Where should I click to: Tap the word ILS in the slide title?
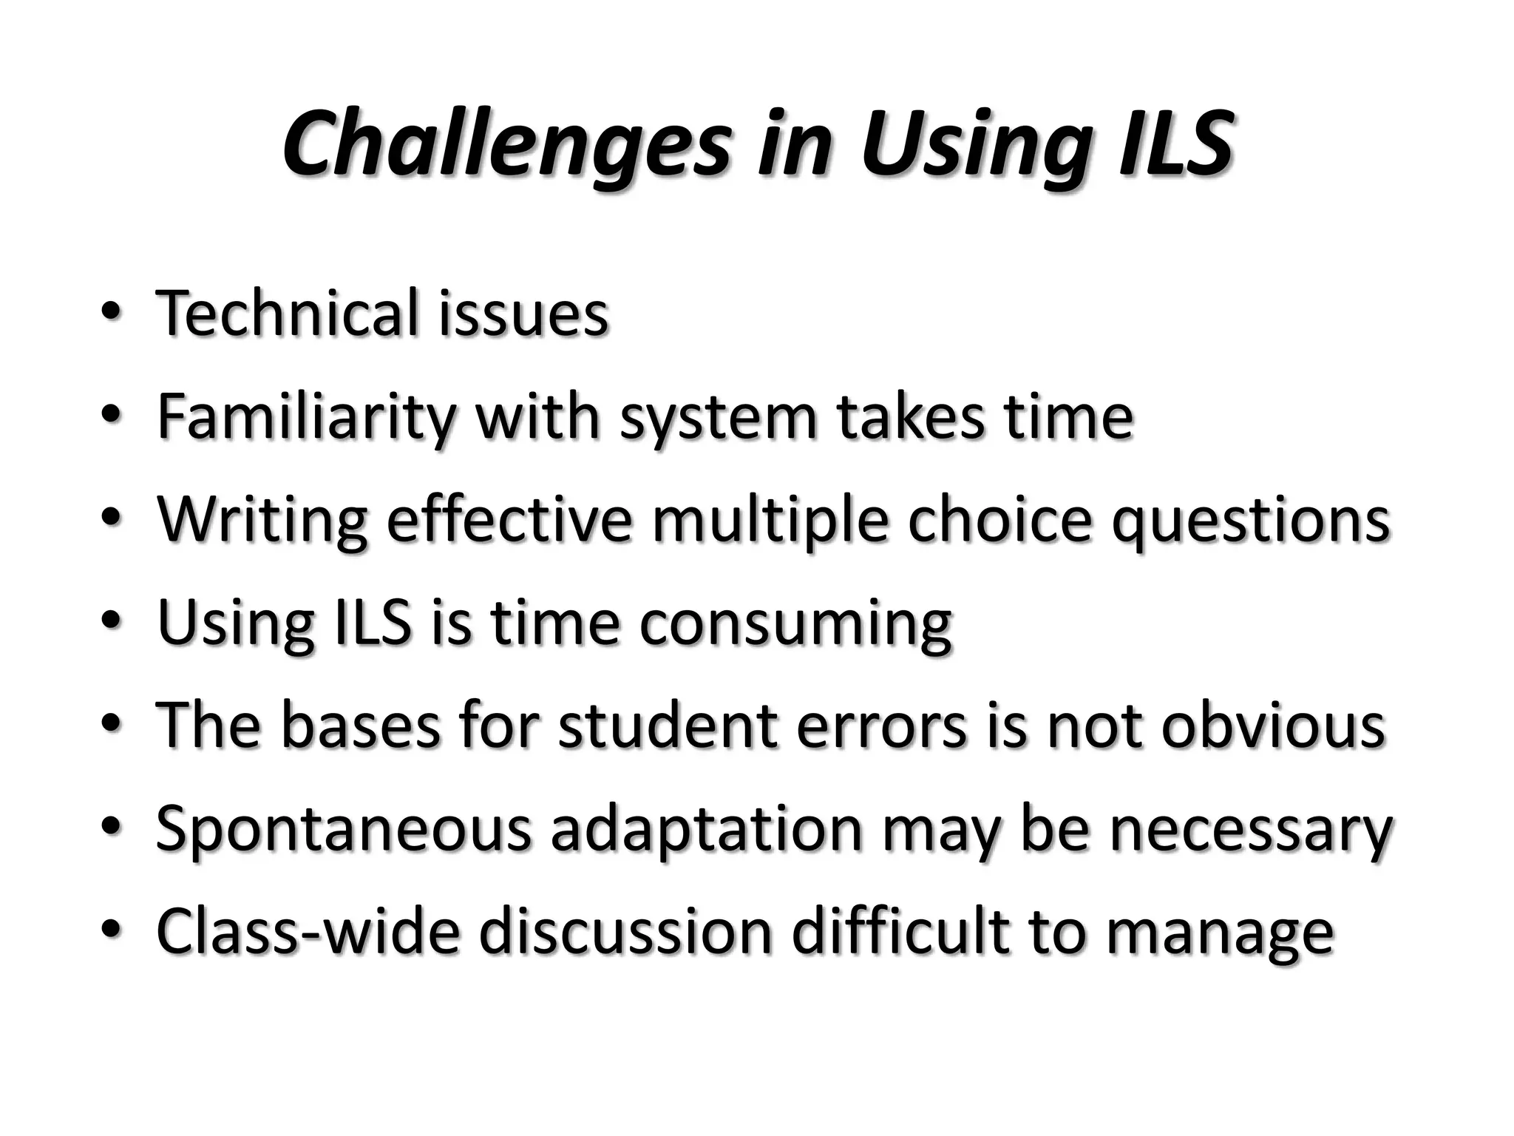[x=1175, y=144]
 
